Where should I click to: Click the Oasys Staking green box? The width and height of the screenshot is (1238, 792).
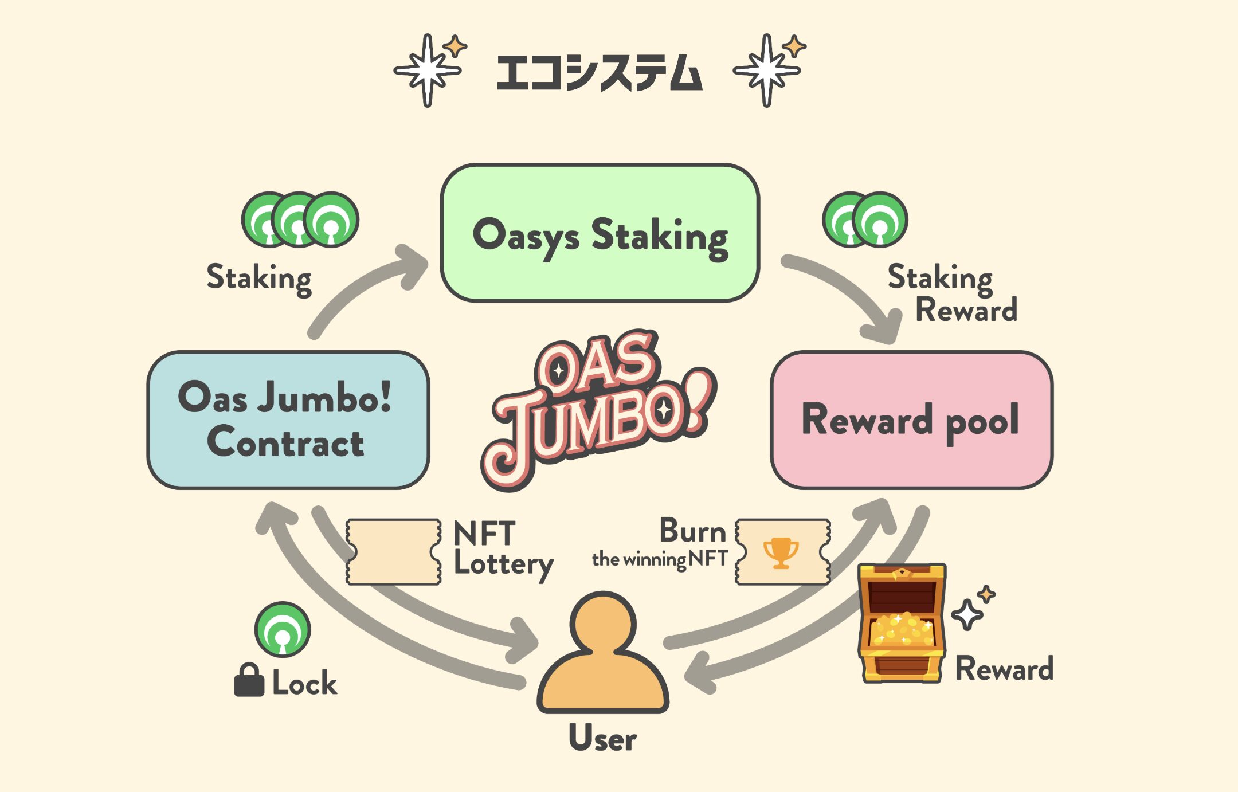(600, 233)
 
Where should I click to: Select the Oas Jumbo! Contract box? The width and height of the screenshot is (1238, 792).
(288, 419)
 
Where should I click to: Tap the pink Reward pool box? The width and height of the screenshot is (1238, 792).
(911, 419)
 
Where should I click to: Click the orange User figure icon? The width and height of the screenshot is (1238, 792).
(603, 653)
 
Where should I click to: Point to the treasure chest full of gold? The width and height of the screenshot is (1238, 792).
(902, 624)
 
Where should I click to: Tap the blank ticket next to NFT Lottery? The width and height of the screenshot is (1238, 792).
(393, 551)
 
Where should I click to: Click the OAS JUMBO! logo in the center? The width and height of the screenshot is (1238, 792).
(598, 408)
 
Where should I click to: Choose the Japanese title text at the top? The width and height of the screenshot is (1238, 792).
(600, 73)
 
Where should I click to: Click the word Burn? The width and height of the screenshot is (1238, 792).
(692, 531)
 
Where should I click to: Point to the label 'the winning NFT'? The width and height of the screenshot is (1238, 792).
(659, 559)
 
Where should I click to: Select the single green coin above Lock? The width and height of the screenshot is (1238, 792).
(283, 629)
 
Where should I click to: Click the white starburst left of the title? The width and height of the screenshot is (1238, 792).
(428, 70)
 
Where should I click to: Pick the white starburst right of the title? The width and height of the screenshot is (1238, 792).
(767, 70)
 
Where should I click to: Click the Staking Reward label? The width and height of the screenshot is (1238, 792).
(951, 293)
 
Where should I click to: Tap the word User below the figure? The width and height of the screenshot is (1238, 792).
(602, 738)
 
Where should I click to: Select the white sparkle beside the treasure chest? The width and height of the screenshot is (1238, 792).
(967, 614)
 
